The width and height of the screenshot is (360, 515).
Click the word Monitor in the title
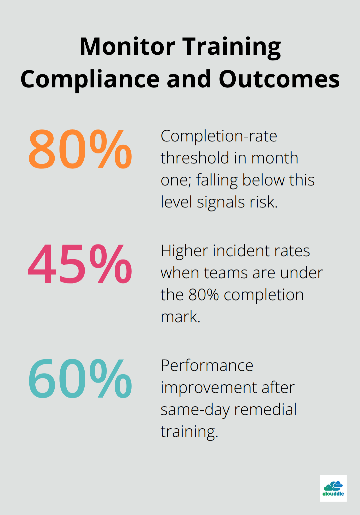coord(127,46)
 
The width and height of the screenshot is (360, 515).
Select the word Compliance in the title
coord(90,79)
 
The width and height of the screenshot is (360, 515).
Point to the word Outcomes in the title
coord(279,79)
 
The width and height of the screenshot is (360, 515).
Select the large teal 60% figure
coord(80,379)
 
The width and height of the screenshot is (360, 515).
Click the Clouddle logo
coord(333,488)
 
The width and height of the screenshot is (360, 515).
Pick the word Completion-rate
coord(219,136)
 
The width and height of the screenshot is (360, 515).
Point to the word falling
coord(217,180)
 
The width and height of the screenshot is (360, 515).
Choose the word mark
coord(180,317)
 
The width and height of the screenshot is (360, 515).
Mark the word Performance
coord(207,366)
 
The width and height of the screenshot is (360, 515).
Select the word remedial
coord(265,410)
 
